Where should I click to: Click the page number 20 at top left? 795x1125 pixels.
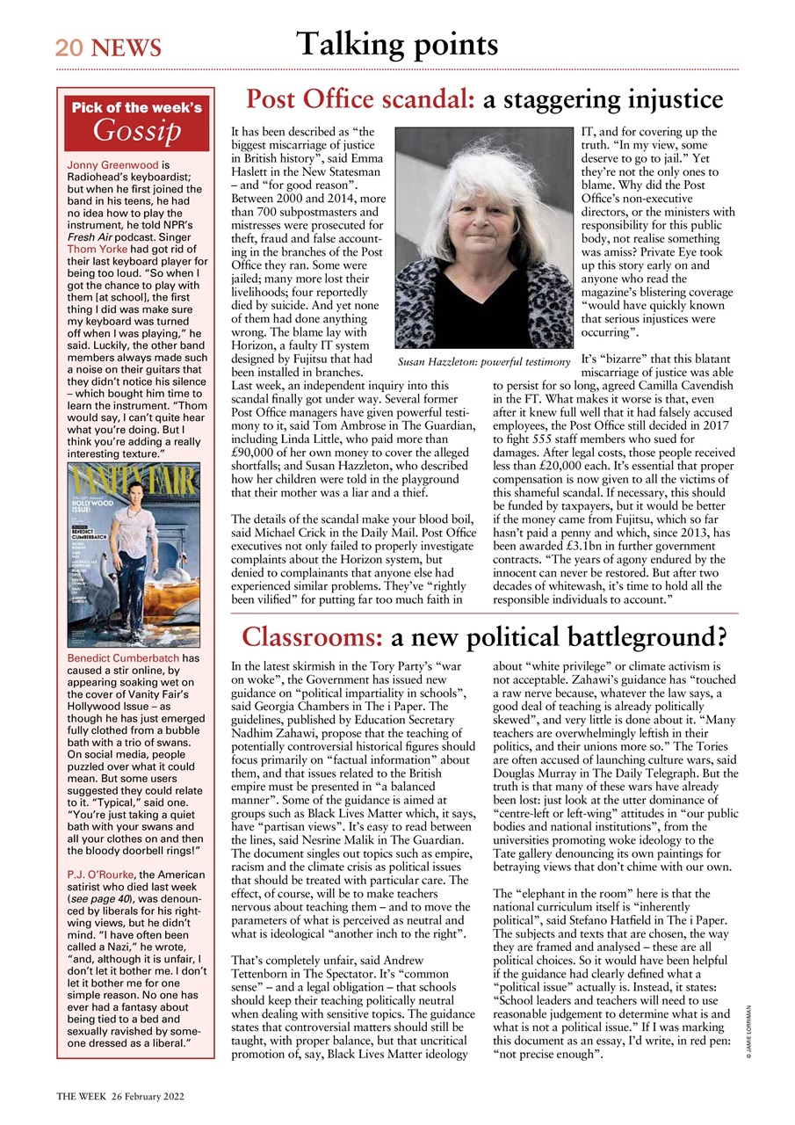point(69,47)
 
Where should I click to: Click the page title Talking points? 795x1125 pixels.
point(397,43)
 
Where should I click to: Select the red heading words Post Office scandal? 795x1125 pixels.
point(360,99)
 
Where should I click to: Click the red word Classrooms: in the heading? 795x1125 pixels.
point(312,636)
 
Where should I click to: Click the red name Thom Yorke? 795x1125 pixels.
point(94,249)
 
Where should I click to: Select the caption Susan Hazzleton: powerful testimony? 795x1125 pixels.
point(483,362)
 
